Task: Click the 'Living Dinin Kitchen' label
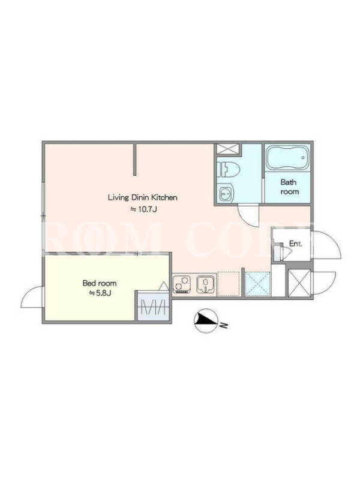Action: (x=143, y=197)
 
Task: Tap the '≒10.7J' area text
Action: (x=144, y=209)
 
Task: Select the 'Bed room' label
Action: (x=100, y=283)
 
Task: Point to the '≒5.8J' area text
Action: (x=100, y=293)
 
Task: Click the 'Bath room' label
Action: (x=289, y=187)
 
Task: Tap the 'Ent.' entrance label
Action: (x=296, y=244)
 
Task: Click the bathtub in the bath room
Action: (x=287, y=157)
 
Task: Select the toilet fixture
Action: (x=228, y=169)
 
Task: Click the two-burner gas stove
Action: (x=182, y=283)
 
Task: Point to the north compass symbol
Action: (x=206, y=320)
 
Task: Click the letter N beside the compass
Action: (x=224, y=325)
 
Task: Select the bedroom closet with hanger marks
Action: (x=153, y=307)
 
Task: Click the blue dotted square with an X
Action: (x=258, y=284)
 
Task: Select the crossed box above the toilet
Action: (x=229, y=149)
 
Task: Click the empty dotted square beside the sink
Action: (x=229, y=284)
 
